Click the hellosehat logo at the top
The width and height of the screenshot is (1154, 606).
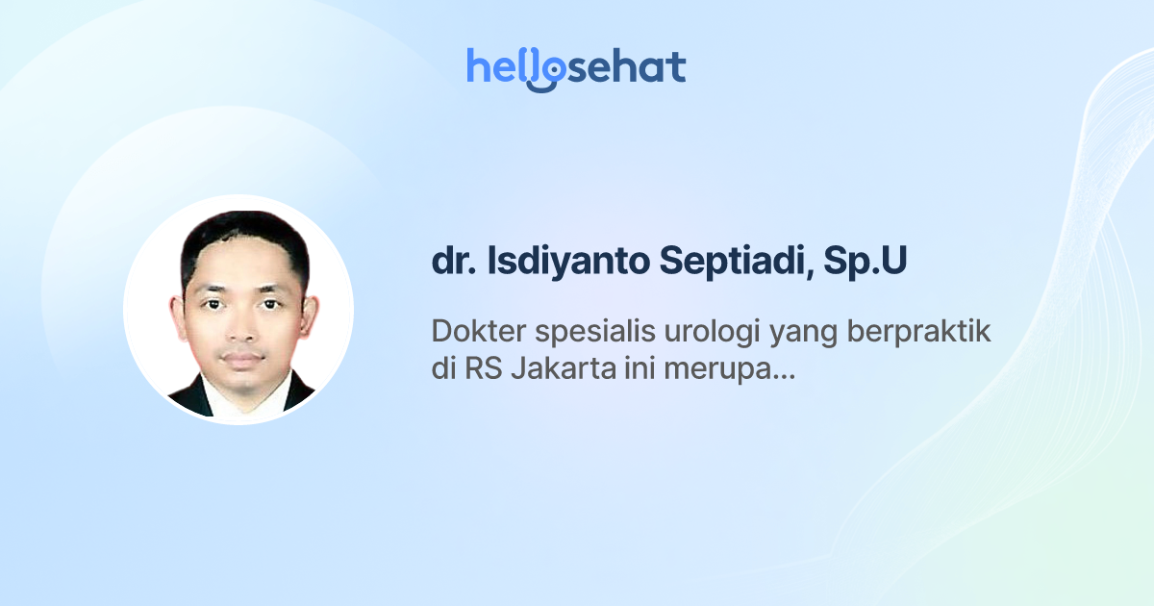pos(576,67)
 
